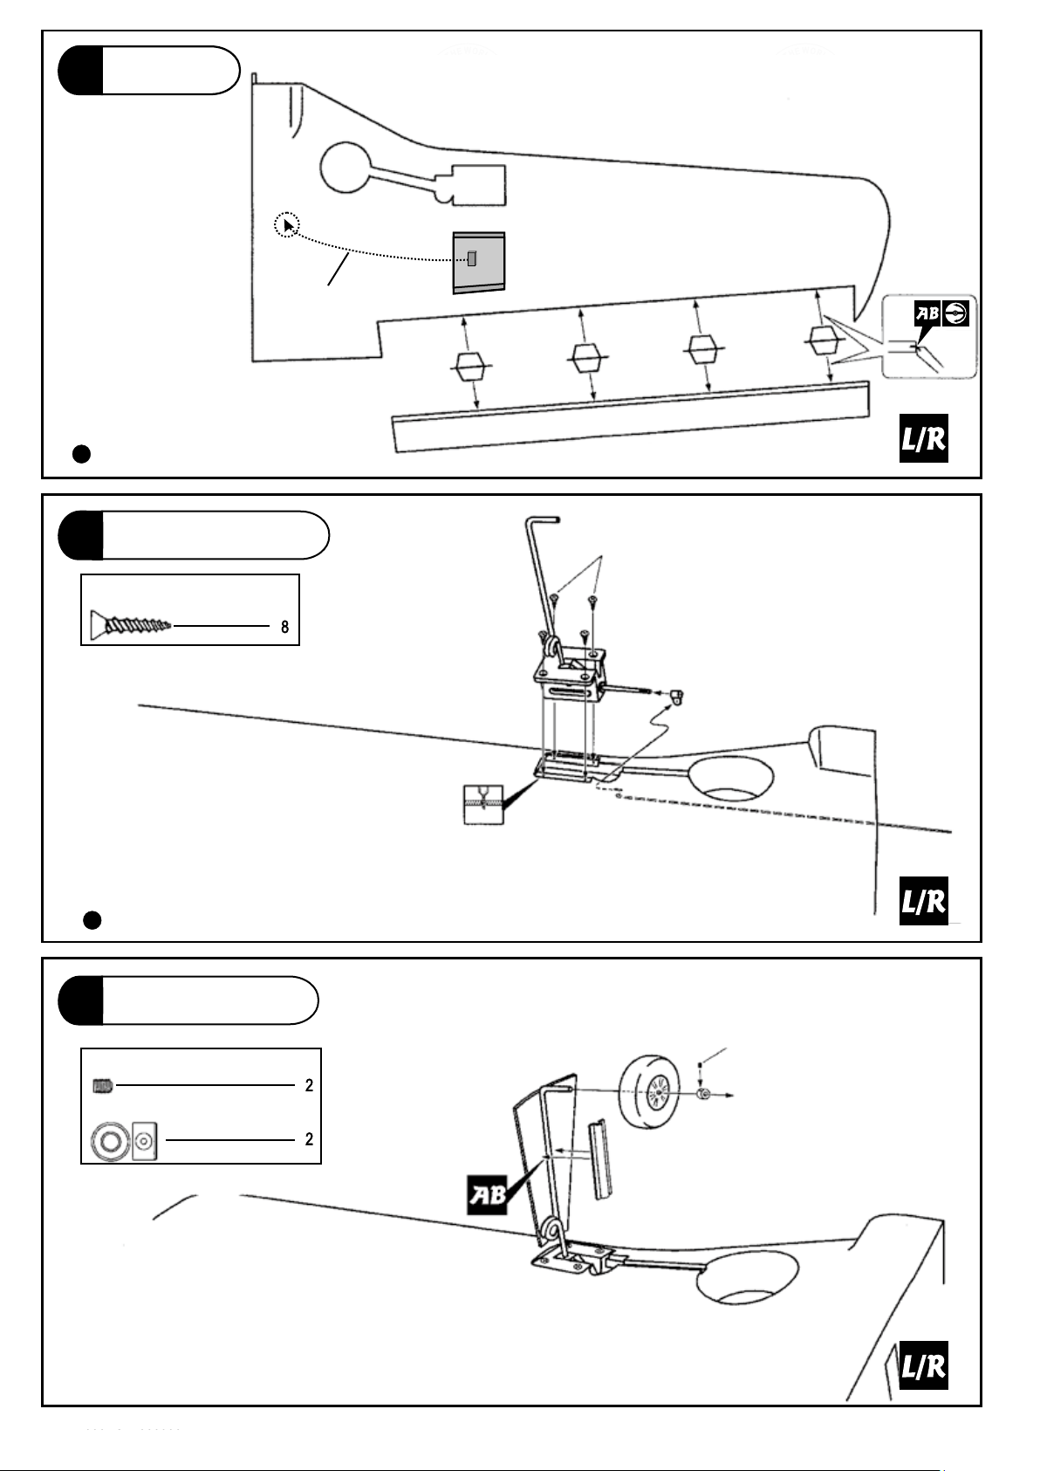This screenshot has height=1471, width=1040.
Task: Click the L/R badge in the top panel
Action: (x=923, y=438)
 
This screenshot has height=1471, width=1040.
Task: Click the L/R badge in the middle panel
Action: (x=923, y=901)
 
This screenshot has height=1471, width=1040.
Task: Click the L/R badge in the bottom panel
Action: (x=923, y=1365)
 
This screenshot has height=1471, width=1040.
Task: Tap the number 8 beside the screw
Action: (x=284, y=627)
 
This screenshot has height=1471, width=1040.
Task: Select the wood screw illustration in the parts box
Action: (x=130, y=625)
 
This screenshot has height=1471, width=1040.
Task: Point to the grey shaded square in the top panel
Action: (x=479, y=261)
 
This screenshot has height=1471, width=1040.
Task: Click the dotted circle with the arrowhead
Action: (x=287, y=225)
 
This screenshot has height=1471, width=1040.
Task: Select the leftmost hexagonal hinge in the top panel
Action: (x=470, y=365)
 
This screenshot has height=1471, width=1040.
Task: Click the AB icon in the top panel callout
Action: (x=927, y=315)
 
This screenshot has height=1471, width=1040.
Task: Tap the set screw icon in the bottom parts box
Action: (x=103, y=1086)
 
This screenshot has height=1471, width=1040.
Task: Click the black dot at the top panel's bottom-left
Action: (x=81, y=453)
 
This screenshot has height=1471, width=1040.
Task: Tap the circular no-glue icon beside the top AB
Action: (x=956, y=314)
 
